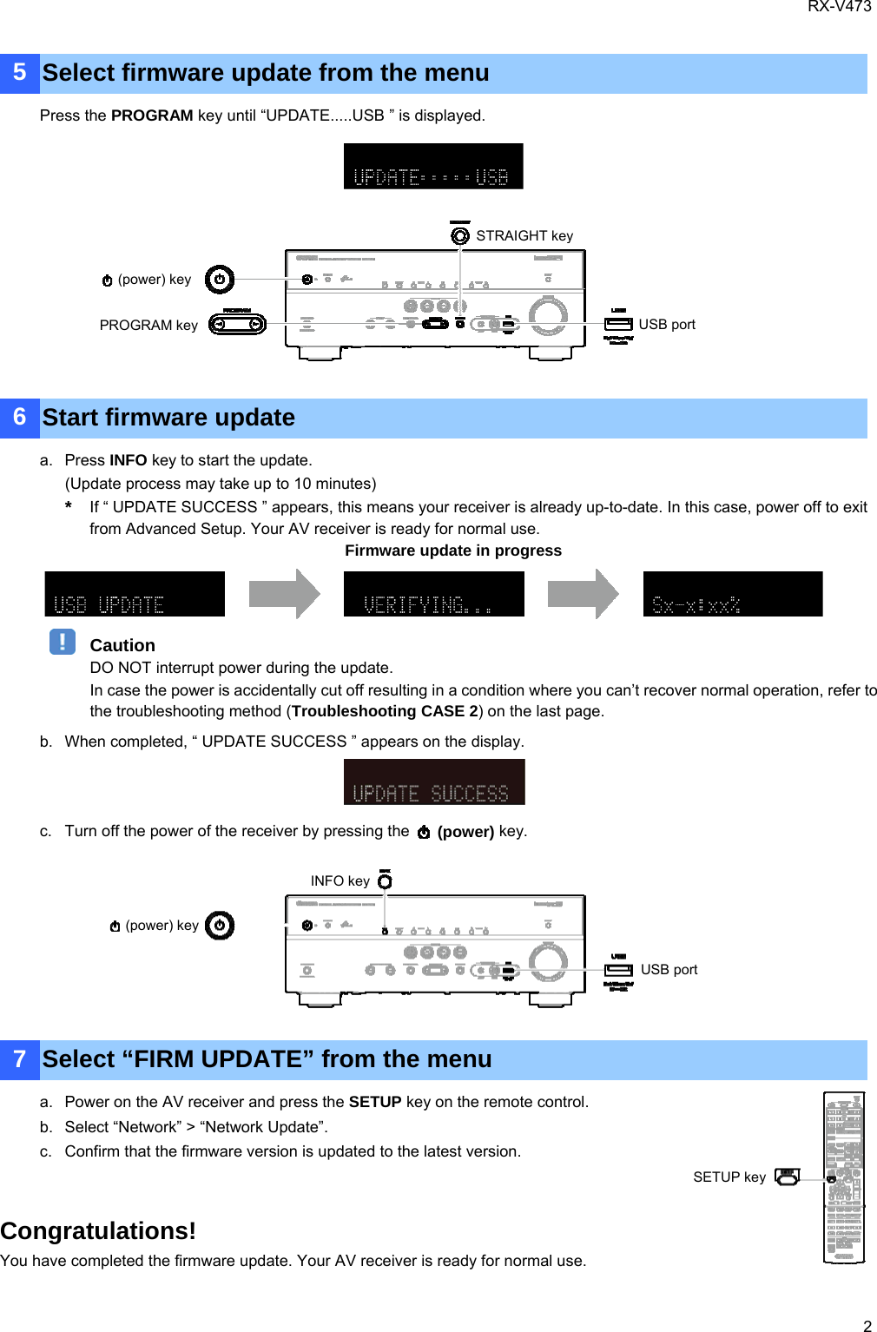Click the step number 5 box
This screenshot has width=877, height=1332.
pyautogui.click(x=20, y=73)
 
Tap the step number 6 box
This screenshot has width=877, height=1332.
pyautogui.click(x=20, y=418)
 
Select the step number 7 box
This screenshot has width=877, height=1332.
pyautogui.click(x=20, y=1059)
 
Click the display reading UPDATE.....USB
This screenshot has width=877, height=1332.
pyautogui.click(x=433, y=167)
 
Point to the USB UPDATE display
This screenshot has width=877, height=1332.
pyautogui.click(x=135, y=594)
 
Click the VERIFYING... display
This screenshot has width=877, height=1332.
pyautogui.click(x=433, y=594)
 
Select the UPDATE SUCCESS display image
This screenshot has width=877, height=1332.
pyautogui.click(x=434, y=781)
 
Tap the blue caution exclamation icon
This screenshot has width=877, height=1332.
pyautogui.click(x=63, y=642)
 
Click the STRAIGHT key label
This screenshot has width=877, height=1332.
pyautogui.click(x=524, y=236)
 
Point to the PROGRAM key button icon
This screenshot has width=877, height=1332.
pyautogui.click(x=237, y=325)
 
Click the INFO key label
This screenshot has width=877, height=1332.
pyautogui.click(x=340, y=881)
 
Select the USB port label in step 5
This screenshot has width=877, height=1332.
pyautogui.click(x=667, y=325)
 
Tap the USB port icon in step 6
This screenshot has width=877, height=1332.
pyautogui.click(x=618, y=969)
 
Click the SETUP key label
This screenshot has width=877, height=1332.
pyautogui.click(x=729, y=1177)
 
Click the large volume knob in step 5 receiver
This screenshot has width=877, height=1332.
pyautogui.click(x=548, y=315)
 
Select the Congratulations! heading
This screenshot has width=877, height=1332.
pyautogui.click(x=98, y=1231)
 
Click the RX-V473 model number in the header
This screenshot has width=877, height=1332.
pyautogui.click(x=839, y=7)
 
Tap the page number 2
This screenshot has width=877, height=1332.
pyautogui.click(x=867, y=1325)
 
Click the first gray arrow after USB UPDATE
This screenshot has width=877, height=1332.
pyautogui.click(x=285, y=594)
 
